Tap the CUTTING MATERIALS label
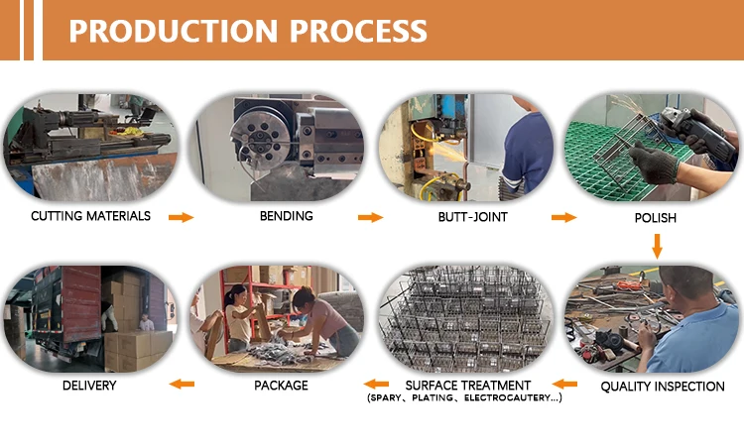click(90, 216)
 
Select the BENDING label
click(286, 216)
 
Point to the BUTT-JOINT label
click(469, 216)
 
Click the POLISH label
click(654, 216)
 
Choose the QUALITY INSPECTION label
click(663, 387)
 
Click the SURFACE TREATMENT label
click(468, 385)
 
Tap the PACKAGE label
click(281, 386)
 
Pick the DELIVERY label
click(89, 386)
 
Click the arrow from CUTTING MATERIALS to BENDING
click(181, 217)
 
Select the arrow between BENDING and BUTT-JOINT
click(370, 217)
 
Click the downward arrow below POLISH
click(656, 245)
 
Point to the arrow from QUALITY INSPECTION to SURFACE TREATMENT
click(564, 384)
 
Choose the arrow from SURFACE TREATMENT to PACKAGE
click(375, 384)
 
